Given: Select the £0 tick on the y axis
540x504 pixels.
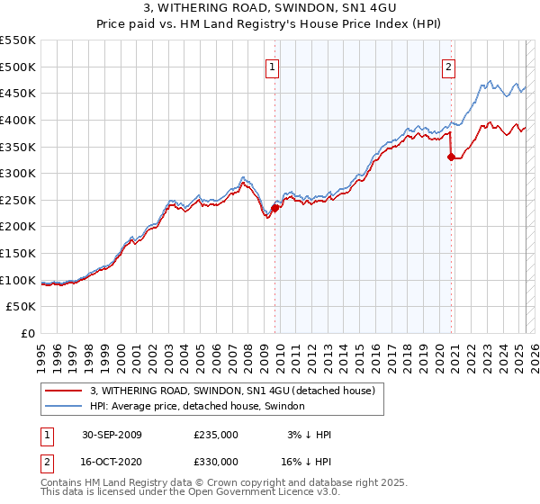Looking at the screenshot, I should tap(27, 334).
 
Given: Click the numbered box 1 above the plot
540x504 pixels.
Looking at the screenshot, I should tap(272, 65).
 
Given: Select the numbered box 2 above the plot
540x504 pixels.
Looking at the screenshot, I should tap(448, 65).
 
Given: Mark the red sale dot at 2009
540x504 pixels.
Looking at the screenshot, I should tap(274, 208).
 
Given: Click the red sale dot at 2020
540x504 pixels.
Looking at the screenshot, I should tap(451, 157).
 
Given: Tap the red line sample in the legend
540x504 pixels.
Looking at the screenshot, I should tap(63, 391).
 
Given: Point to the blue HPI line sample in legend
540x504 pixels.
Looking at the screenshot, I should tap(63, 407).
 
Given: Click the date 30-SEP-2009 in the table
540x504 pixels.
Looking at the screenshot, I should tap(112, 435).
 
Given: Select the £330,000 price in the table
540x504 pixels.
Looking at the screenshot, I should tap(216, 461).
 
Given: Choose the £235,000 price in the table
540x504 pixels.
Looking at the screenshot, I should tap(216, 435).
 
